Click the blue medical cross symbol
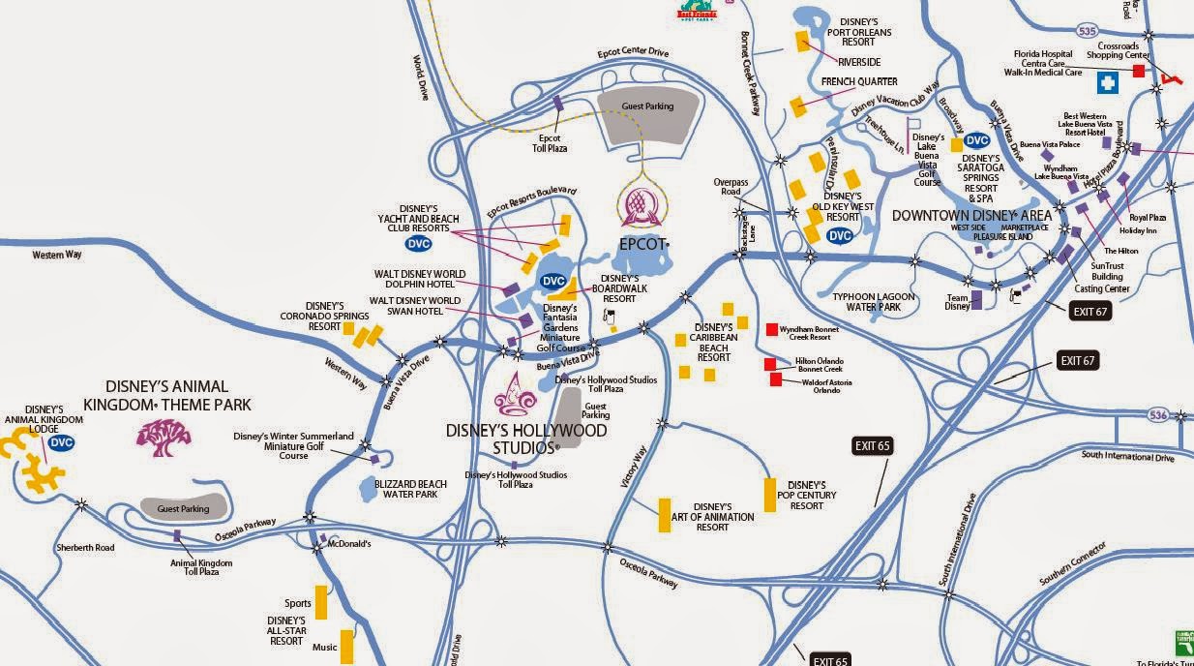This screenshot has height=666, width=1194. coord(1107,84)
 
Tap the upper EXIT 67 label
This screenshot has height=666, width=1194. coord(1090,311)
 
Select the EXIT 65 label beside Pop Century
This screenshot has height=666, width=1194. coord(872,446)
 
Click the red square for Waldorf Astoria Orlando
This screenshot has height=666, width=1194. coord(776,379)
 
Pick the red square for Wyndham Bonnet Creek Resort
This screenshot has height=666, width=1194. coord(771,329)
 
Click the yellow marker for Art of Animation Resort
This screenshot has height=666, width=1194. coord(665,515)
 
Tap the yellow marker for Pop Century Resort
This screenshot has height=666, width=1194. coord(770,495)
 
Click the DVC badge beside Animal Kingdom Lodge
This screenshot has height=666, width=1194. coord(61,442)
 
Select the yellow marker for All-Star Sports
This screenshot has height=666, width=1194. coord(321,602)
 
